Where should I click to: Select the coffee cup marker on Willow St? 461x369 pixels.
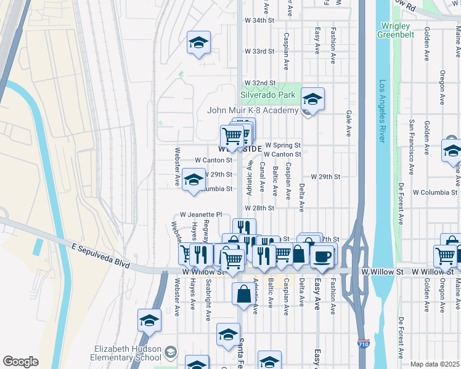[322, 255]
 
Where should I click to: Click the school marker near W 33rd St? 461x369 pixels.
[198, 43]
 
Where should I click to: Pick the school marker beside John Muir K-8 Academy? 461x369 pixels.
[312, 99]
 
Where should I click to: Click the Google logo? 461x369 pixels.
[20, 362]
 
